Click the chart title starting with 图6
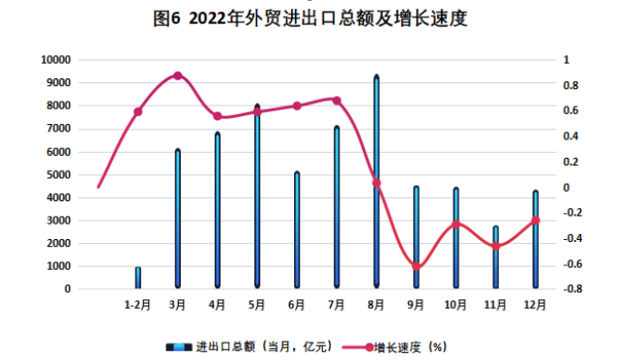[x=309, y=18]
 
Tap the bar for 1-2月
[x=138, y=278]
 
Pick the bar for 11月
[x=495, y=257]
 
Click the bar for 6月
[x=297, y=230]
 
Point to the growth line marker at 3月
[x=178, y=75]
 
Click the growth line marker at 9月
[x=416, y=266]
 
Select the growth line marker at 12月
[x=535, y=221]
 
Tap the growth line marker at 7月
[x=337, y=100]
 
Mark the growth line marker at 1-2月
[x=138, y=112]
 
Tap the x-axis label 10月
[x=455, y=304]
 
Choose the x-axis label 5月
[x=257, y=304]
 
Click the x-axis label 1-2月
[x=138, y=304]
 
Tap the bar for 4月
[x=218, y=210]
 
